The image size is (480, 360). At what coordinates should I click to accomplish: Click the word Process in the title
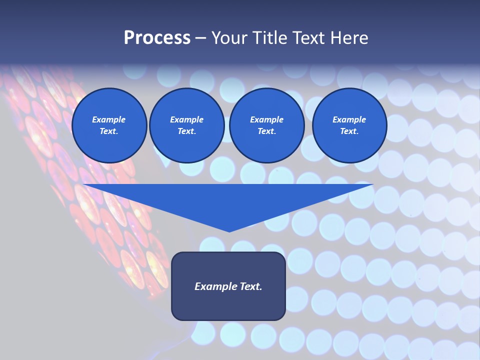[x=157, y=38]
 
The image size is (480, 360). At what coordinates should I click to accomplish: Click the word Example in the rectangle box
[x=215, y=286]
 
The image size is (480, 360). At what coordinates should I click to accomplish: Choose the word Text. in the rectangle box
[x=250, y=286]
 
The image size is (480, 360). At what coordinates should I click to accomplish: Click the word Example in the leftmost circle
[x=109, y=119]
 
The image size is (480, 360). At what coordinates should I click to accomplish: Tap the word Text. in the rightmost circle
[x=349, y=131]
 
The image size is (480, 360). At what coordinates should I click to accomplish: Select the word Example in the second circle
[x=186, y=119]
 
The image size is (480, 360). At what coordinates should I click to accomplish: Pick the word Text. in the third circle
[x=266, y=131]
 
